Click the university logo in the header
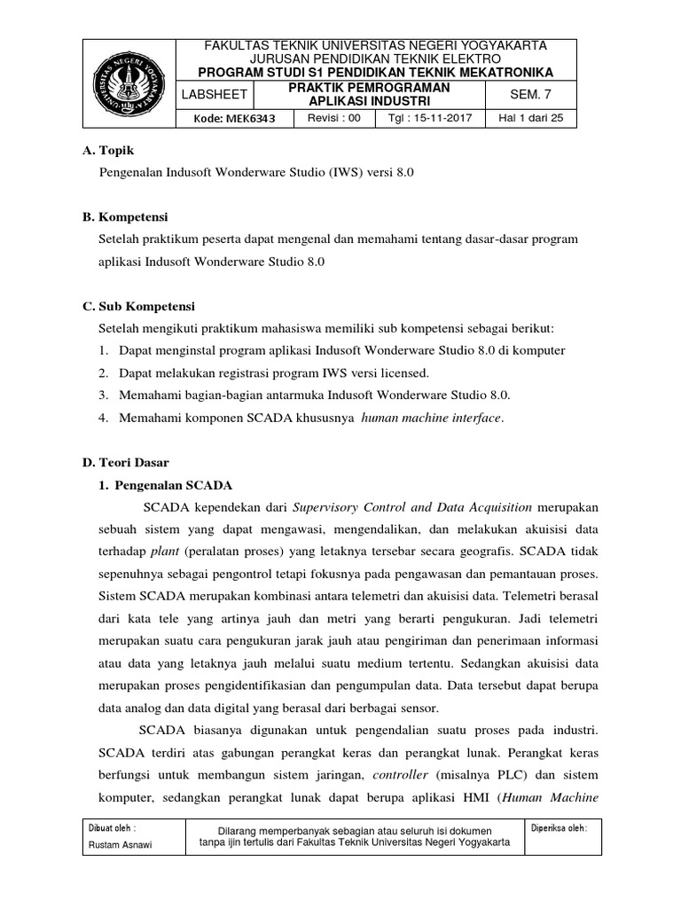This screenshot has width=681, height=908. [x=130, y=84]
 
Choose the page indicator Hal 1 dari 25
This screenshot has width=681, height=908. [x=531, y=118]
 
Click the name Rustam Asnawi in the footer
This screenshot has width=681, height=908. [x=120, y=844]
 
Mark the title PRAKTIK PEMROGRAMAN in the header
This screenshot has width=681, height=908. [x=371, y=87]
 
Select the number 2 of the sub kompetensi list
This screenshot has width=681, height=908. [x=104, y=372]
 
